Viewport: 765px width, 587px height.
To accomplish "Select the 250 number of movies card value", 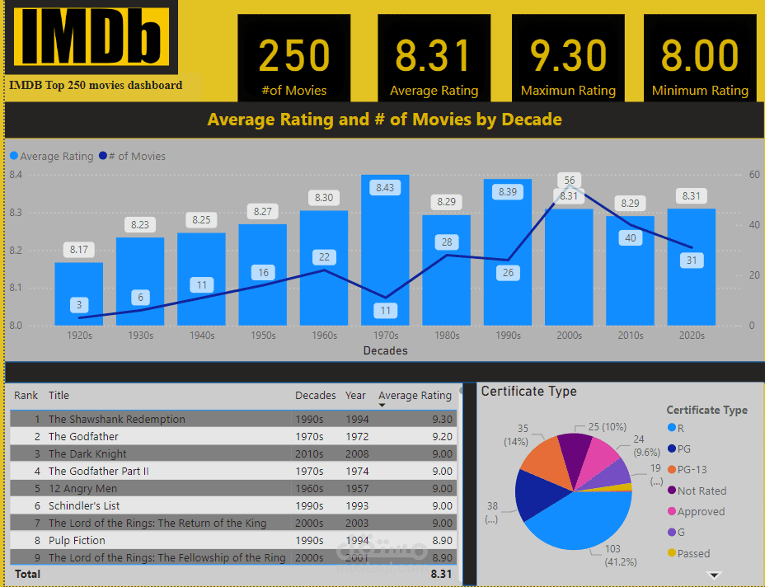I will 294,56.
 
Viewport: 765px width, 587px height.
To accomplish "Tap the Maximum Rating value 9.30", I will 568,56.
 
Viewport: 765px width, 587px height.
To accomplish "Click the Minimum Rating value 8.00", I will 700,56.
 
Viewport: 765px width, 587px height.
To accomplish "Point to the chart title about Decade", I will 384,120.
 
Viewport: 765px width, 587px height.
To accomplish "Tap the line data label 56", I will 569,180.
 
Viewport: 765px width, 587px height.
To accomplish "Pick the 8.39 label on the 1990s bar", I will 508,191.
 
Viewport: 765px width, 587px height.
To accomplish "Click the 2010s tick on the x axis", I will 630,336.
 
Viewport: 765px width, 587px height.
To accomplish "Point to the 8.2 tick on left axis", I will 16,250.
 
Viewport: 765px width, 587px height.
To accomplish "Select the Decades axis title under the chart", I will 385,350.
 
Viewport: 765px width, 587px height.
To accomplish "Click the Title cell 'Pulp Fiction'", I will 77,540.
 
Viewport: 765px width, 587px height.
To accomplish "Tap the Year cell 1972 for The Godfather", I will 356,436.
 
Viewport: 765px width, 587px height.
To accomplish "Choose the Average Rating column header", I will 415,396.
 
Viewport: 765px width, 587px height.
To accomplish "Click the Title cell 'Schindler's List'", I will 84,505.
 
